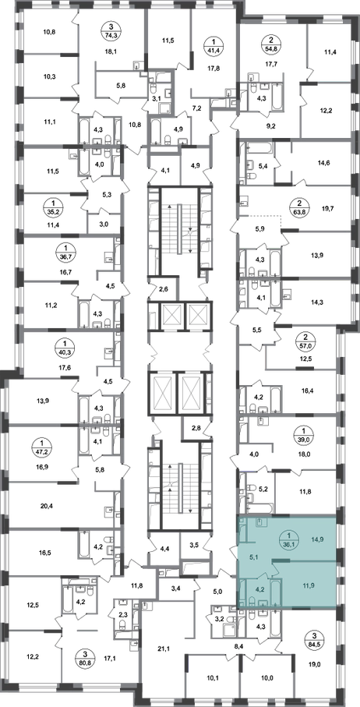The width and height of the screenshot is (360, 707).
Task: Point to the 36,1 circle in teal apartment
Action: point(287,538)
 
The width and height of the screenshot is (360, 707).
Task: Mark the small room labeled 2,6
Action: point(163,288)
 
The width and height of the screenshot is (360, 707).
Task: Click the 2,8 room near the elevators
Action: point(196,428)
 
